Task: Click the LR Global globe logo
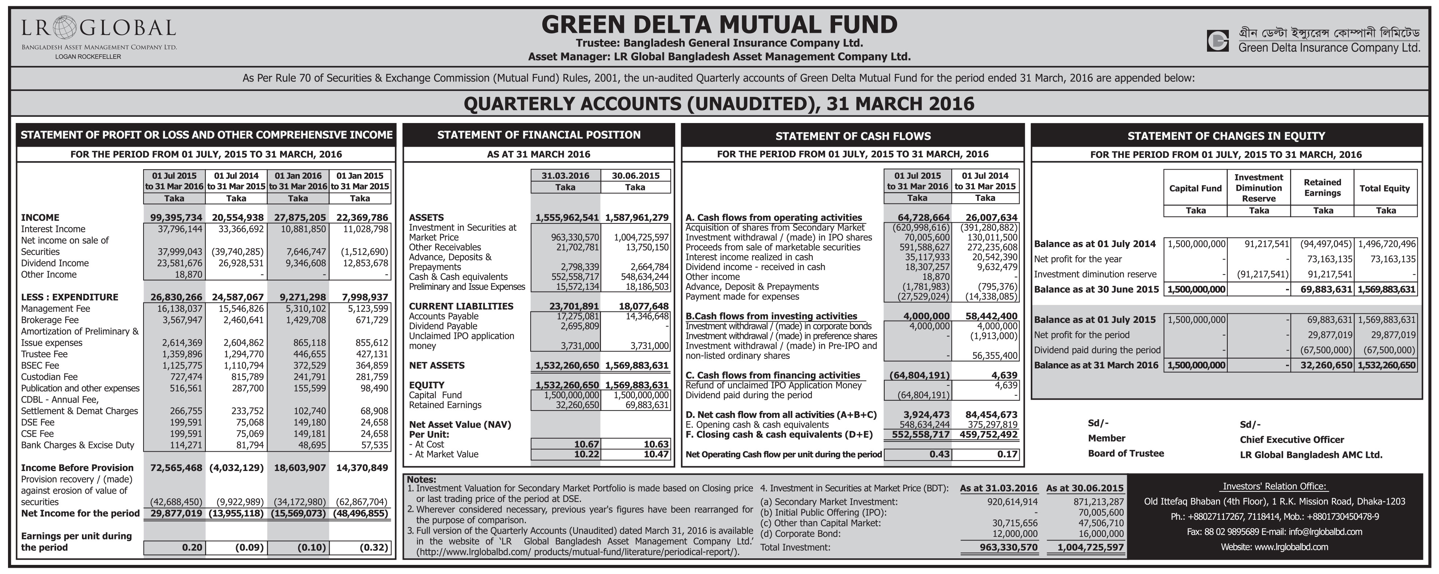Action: (x=66, y=27)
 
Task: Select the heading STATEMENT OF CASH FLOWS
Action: (x=853, y=136)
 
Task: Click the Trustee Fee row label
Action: (x=44, y=354)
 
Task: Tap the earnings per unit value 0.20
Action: (x=192, y=547)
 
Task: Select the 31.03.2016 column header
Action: (x=565, y=175)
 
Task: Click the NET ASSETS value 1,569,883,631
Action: (x=636, y=365)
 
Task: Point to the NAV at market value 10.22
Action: (x=586, y=454)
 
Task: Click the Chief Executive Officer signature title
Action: (x=1291, y=439)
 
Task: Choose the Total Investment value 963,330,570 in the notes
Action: (x=1008, y=547)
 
